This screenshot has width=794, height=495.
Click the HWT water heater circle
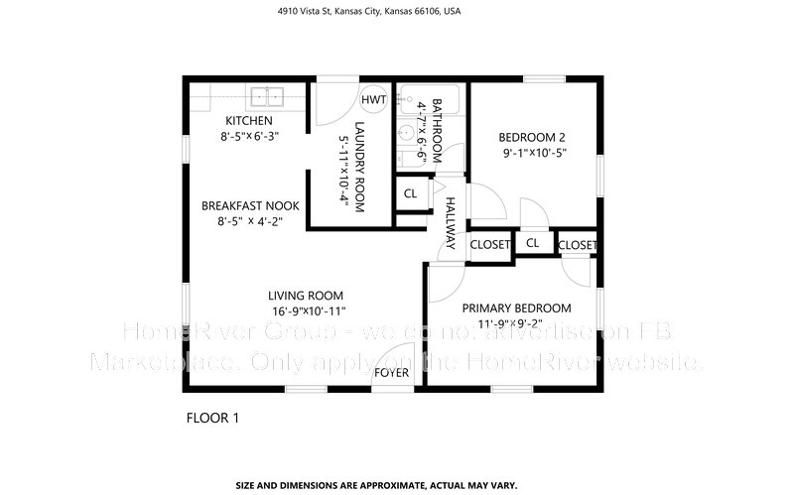tap(374, 100)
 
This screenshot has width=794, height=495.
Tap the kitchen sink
tap(266, 96)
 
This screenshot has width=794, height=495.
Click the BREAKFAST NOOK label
tap(250, 205)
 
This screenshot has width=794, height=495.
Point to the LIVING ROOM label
tap(306, 295)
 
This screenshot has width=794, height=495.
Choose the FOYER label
tap(390, 373)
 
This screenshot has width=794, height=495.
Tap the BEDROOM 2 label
tap(533, 137)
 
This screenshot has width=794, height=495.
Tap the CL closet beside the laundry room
tap(410, 193)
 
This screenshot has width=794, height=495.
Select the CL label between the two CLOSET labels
tap(533, 243)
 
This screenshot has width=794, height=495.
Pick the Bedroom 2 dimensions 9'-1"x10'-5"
tap(534, 153)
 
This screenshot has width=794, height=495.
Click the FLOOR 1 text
tap(212, 418)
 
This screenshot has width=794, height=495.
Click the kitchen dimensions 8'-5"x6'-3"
tap(249, 137)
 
